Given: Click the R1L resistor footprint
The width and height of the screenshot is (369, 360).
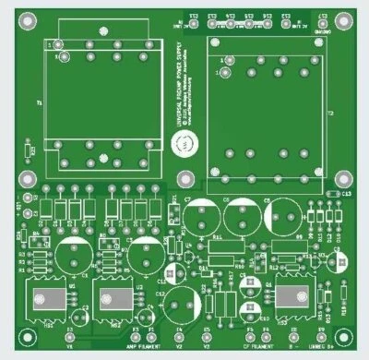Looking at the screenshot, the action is point(218,241).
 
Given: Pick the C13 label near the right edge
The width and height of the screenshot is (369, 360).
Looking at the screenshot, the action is point(346,195).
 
